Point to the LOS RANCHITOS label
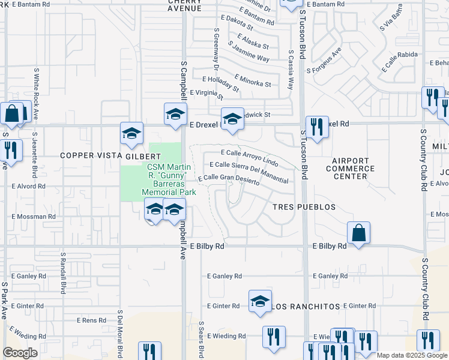click(x=303, y=307)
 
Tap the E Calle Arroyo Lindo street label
click(x=250, y=158)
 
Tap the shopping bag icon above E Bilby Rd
click(x=358, y=233)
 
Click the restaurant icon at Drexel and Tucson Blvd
click(x=316, y=126)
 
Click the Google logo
click(x=20, y=353)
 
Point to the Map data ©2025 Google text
click(x=412, y=355)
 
